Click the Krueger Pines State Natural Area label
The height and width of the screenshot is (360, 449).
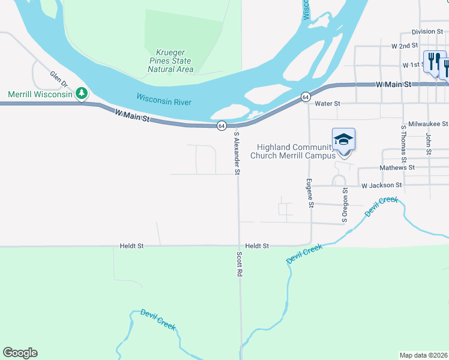tap(170, 61)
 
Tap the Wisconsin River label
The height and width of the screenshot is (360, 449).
tap(163, 100)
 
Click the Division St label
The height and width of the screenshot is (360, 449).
tap(427, 32)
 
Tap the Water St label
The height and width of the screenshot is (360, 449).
tap(327, 104)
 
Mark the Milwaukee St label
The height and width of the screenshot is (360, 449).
tap(428, 124)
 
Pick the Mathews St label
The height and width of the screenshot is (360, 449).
tap(397, 167)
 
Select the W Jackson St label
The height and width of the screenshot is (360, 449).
tap(381, 185)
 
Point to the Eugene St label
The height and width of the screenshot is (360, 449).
tap(310, 193)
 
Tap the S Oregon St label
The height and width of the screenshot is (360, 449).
tap(345, 205)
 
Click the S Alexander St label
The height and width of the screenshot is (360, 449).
tap(237, 153)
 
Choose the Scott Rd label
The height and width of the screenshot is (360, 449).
tap(239, 264)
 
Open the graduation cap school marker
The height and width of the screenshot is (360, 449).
tap(344, 140)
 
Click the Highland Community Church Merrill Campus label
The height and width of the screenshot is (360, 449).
tap(296, 151)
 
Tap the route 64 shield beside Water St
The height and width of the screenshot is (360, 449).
tap(306, 97)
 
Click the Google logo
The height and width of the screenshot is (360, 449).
tap(20, 353)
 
